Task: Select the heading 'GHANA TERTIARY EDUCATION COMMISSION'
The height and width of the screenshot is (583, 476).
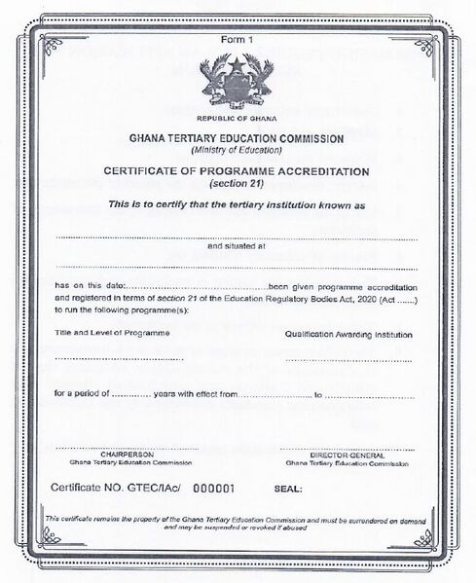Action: click(x=237, y=139)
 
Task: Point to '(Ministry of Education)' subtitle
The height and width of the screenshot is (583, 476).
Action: click(x=237, y=150)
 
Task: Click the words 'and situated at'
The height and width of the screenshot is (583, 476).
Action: click(x=237, y=247)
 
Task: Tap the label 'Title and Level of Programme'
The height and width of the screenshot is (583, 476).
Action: click(x=112, y=334)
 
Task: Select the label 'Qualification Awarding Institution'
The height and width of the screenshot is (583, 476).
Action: click(x=348, y=334)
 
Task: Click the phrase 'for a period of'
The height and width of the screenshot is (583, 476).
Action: click(x=80, y=395)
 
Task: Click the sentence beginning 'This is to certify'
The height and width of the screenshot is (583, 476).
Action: click(x=237, y=205)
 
